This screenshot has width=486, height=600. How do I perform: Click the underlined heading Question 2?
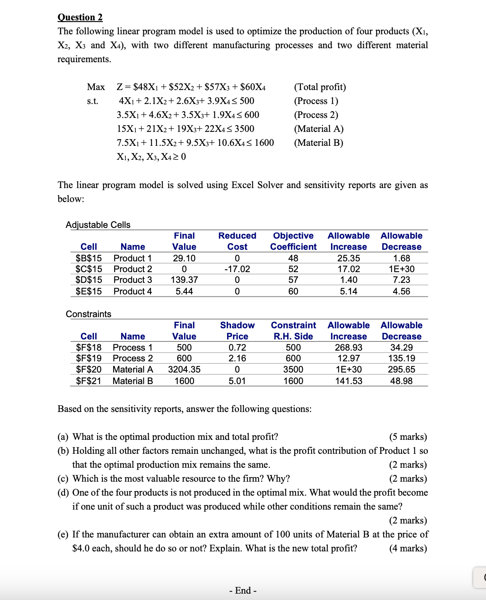80,17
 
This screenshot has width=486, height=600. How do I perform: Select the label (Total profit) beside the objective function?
320,87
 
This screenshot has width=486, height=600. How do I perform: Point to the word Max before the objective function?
96,87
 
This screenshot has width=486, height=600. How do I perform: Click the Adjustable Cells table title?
98,225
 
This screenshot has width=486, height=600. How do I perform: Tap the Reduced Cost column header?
237,241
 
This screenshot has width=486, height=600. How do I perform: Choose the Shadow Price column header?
237,331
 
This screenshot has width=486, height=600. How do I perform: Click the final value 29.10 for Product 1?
184,258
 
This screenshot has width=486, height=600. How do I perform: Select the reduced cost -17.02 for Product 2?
237,269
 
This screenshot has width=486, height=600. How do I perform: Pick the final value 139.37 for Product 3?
184,280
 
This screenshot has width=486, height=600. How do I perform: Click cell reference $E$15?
89,291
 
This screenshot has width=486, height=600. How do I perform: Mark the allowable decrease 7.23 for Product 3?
401,280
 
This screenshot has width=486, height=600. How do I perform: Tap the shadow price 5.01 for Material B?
237,381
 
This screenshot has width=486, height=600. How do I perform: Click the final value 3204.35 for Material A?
184,370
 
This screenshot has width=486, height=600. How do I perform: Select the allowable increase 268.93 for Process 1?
349,347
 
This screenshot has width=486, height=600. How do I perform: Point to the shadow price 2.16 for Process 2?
237,359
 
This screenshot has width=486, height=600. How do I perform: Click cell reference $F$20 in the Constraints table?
89,370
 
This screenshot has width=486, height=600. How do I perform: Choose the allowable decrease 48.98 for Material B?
401,381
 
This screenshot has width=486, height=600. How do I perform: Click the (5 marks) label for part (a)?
408,437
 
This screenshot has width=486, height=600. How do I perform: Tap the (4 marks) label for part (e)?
408,548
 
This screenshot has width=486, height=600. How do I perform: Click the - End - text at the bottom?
243,590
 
